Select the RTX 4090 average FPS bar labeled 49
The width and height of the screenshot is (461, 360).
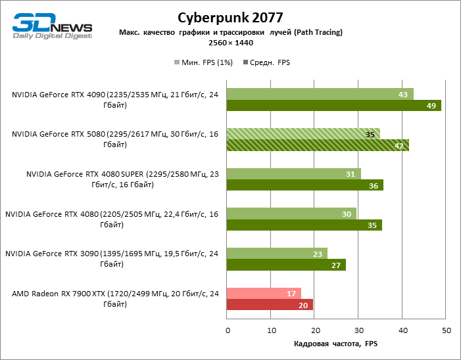point(333,105)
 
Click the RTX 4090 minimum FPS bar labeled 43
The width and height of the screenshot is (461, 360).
point(320,94)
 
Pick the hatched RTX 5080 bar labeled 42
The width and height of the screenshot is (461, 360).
point(318,145)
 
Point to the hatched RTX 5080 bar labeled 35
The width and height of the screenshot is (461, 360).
point(303,134)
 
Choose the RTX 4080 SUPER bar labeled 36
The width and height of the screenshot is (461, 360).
point(304,185)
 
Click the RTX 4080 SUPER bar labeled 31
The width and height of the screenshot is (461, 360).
point(293,174)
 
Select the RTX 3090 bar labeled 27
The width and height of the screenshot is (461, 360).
point(286,265)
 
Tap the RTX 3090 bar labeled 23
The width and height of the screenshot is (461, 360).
point(277,254)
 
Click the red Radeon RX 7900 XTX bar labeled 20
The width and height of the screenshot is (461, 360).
point(270,305)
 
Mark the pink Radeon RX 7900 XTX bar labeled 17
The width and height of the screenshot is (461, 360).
point(264,294)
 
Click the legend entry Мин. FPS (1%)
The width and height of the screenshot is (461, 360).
point(203,62)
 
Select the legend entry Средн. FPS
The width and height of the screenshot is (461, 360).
point(267,62)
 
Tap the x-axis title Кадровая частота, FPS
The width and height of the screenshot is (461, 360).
point(336,344)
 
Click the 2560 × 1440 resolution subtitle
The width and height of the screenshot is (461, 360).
point(230,43)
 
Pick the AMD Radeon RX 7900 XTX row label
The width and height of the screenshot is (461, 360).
point(114,299)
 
